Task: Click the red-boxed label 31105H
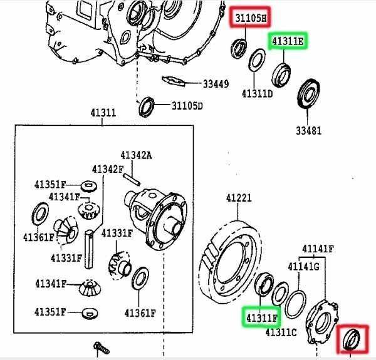click(x=251, y=18)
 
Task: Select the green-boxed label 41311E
click(x=288, y=43)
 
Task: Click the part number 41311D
click(x=258, y=95)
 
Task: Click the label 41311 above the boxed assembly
click(x=103, y=113)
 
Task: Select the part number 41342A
click(x=136, y=155)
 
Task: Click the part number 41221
click(x=239, y=198)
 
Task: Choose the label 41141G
click(x=303, y=267)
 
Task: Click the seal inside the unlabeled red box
click(x=352, y=341)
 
